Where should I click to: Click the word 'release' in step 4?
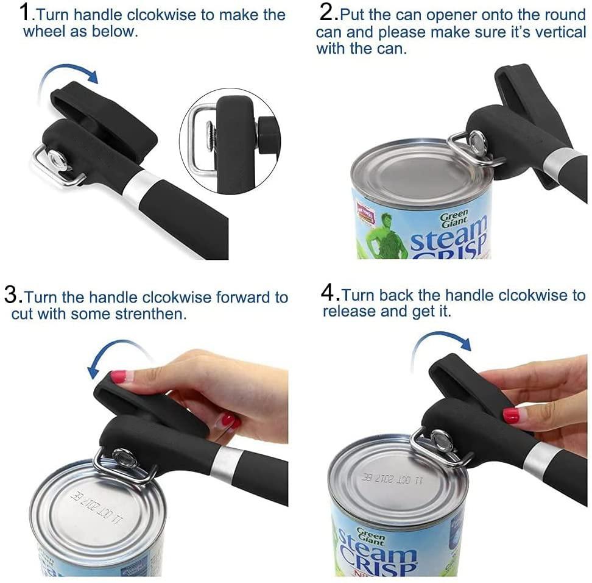348,312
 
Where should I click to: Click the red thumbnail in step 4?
510,415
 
